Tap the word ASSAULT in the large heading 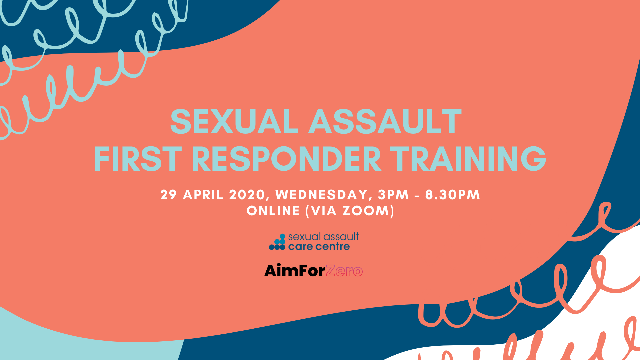click(x=385, y=122)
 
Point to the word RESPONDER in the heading click(x=287, y=159)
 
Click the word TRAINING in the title click(x=468, y=159)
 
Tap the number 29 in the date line click(x=168, y=195)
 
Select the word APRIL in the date click(x=203, y=195)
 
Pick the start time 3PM click(x=393, y=195)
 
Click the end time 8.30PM click(x=453, y=195)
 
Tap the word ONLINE click(x=273, y=211)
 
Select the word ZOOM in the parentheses click(x=366, y=211)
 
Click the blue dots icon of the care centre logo click(x=277, y=242)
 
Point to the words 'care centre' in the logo click(x=319, y=247)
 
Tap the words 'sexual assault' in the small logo click(x=324, y=237)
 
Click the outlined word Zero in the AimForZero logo click(x=344, y=271)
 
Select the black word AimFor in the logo click(x=295, y=270)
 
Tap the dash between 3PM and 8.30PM click(x=417, y=196)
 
